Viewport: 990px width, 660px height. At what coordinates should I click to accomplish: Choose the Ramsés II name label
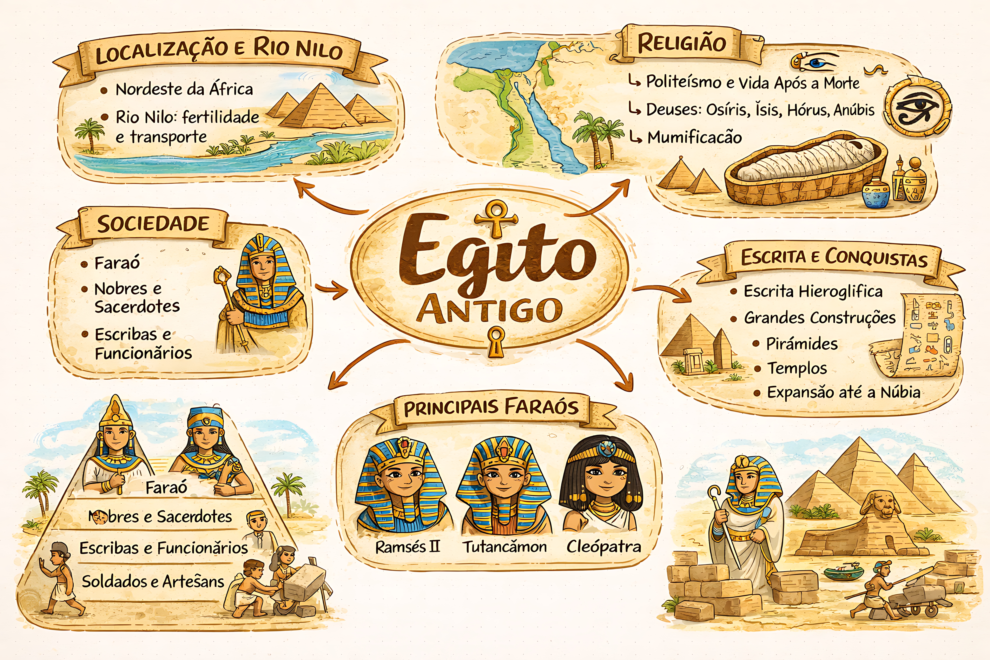pos(407,547)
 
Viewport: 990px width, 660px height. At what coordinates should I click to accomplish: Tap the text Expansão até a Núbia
pos(843,392)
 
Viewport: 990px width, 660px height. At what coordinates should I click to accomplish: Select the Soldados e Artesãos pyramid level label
pos(153,581)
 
